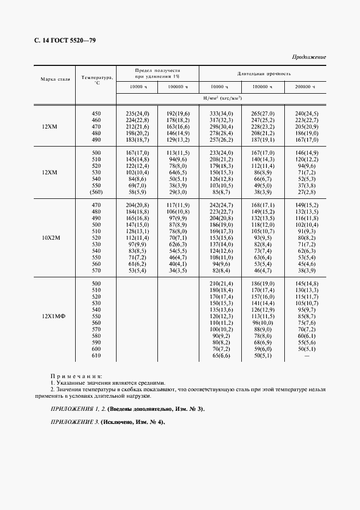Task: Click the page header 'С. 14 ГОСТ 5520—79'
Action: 61,41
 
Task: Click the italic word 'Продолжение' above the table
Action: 309,57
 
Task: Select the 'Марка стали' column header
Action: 55,79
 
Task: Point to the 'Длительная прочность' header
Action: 264,73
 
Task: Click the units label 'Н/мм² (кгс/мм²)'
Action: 222,98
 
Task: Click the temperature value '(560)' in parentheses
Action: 96,192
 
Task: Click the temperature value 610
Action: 96,356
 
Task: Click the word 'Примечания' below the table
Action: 76,376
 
